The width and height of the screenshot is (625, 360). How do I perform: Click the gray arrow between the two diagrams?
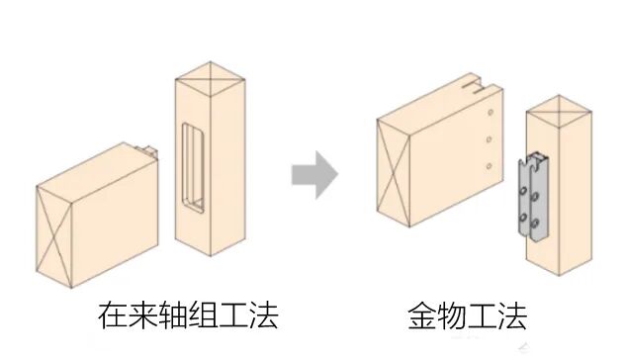[314, 176]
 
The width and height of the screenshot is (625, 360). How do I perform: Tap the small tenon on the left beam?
[147, 151]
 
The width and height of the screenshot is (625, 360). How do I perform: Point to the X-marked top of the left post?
[209, 72]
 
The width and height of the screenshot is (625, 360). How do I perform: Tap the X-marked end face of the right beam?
[394, 168]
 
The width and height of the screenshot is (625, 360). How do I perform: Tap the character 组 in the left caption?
[224, 315]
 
